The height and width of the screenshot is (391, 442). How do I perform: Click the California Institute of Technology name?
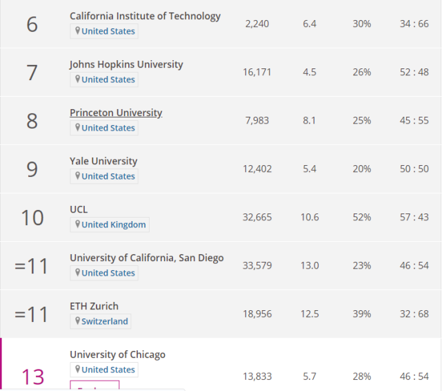pyautogui.click(x=145, y=16)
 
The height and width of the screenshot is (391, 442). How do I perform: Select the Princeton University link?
pyautogui.click(x=116, y=113)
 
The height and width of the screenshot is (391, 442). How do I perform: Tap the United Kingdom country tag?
pyautogui.click(x=110, y=225)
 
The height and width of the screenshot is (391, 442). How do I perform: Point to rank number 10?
pyautogui.click(x=32, y=218)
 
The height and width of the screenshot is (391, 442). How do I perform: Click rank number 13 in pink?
pyautogui.click(x=32, y=376)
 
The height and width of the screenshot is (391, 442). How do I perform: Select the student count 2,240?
pyautogui.click(x=258, y=24)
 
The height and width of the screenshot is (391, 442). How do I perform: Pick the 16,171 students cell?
pyautogui.click(x=258, y=73)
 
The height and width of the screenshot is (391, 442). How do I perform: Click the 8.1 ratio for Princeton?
pyautogui.click(x=310, y=121)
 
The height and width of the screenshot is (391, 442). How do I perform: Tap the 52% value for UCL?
pyautogui.click(x=362, y=218)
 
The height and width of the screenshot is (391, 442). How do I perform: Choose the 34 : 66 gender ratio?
pyautogui.click(x=414, y=24)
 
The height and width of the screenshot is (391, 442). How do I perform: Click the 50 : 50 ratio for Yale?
pyautogui.click(x=414, y=169)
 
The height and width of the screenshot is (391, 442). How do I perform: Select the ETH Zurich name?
pyautogui.click(x=94, y=306)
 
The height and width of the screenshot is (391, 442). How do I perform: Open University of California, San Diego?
pyautogui.click(x=146, y=258)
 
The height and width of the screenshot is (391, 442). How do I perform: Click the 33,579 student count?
pyautogui.click(x=258, y=266)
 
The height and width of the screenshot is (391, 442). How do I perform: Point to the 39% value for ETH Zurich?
pyautogui.click(x=362, y=314)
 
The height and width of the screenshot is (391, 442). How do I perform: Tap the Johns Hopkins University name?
pyautogui.click(x=126, y=64)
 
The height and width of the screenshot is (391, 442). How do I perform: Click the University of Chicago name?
pyautogui.click(x=117, y=354)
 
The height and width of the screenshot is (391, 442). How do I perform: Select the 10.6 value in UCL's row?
pyautogui.click(x=310, y=218)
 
